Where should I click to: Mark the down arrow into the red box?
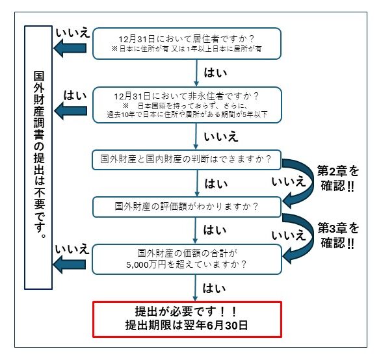[196, 286]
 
